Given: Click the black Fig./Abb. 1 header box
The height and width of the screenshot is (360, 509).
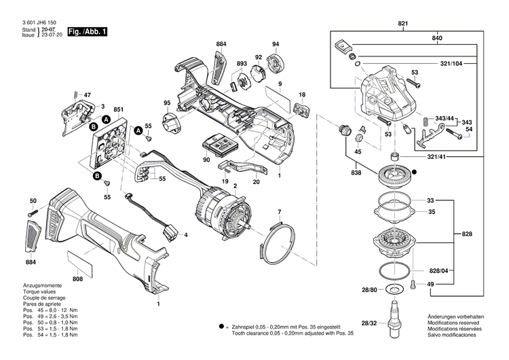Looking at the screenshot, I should click(86, 32).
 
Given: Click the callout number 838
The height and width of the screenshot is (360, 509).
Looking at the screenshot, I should click(357, 173).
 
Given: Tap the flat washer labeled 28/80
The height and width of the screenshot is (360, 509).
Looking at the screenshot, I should click(392, 291).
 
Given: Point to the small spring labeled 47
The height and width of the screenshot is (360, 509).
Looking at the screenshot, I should click(76, 94).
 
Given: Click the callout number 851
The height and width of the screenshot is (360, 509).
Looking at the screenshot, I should click(118, 110).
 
